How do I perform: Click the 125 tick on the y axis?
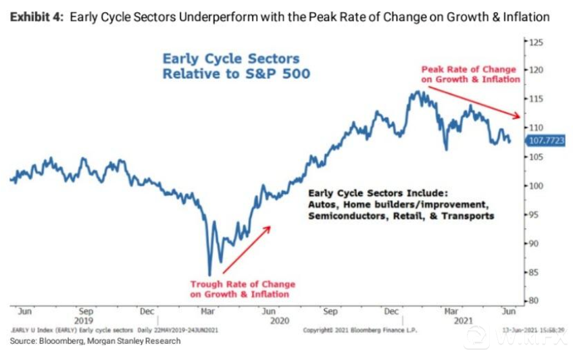(536, 42)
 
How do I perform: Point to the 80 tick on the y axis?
(534, 301)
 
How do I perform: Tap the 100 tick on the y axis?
(536, 186)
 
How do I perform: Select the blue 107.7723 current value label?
(545, 140)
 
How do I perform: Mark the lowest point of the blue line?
(209, 274)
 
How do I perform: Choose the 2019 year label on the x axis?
(84, 322)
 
